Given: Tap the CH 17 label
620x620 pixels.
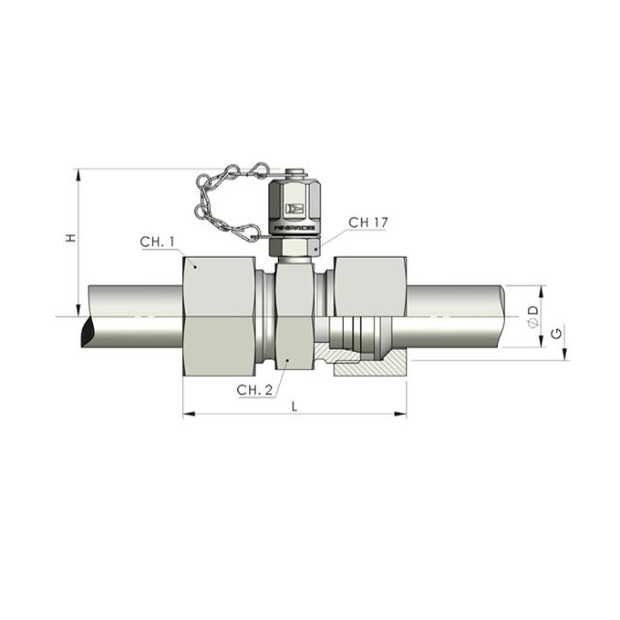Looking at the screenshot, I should tap(368, 223).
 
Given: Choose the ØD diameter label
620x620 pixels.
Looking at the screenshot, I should tap(532, 314).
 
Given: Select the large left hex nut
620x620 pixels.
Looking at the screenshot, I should tap(220, 315).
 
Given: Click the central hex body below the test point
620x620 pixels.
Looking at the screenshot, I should tap(294, 315).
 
